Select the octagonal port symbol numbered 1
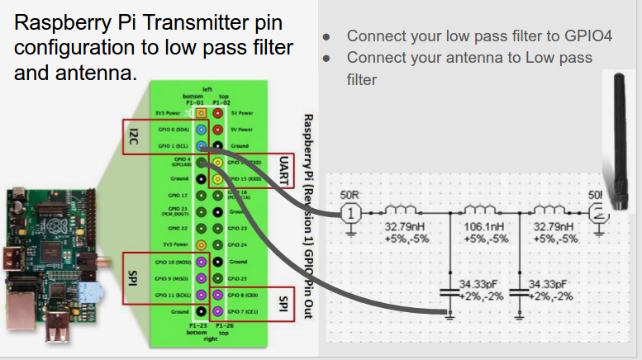(x=350, y=213)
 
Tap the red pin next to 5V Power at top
(x=217, y=112)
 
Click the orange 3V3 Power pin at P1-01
(x=201, y=112)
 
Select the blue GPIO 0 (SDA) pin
(x=201, y=129)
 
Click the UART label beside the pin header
(x=283, y=170)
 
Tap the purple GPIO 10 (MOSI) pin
(x=201, y=261)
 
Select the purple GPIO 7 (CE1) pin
(x=217, y=311)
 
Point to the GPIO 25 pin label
(x=237, y=278)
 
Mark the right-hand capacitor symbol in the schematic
(x=520, y=290)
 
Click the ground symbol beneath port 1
(x=350, y=232)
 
